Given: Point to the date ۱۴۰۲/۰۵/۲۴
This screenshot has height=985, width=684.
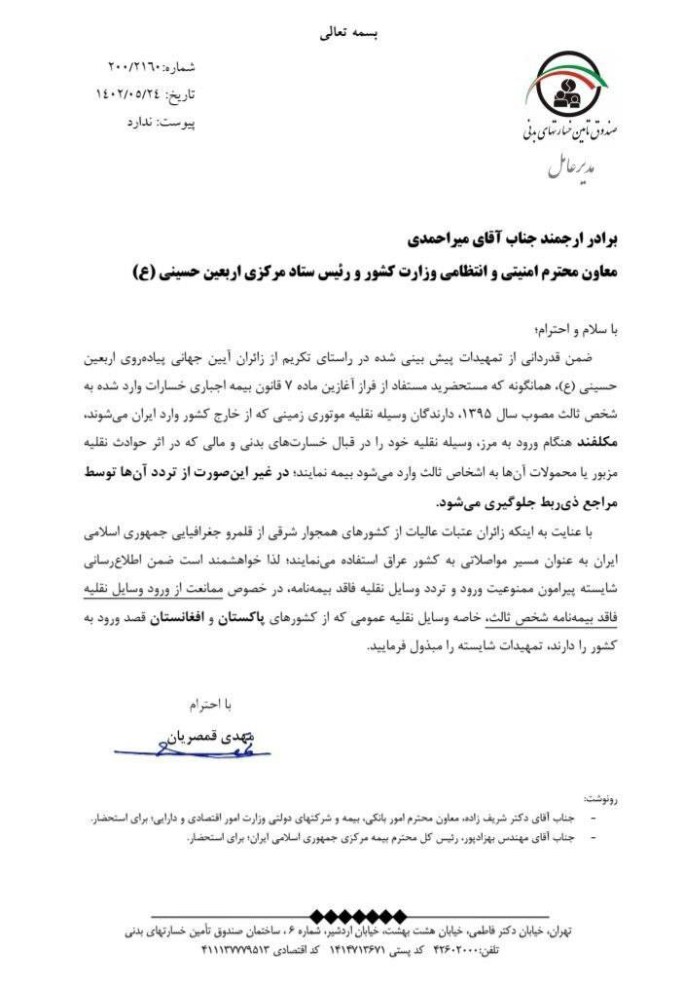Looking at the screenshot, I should click(x=126, y=95).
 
